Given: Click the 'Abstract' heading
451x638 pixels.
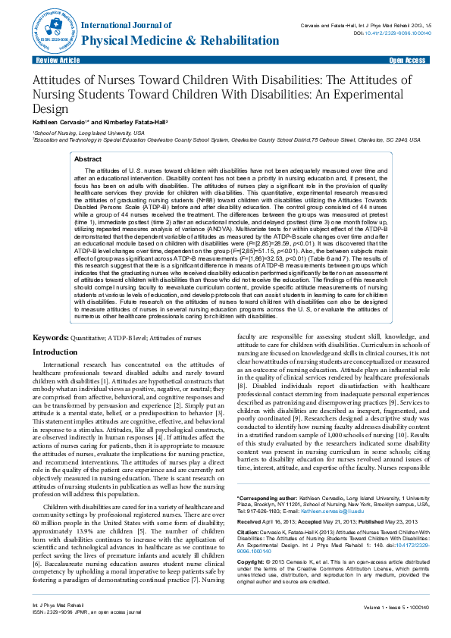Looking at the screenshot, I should point(87,160).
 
